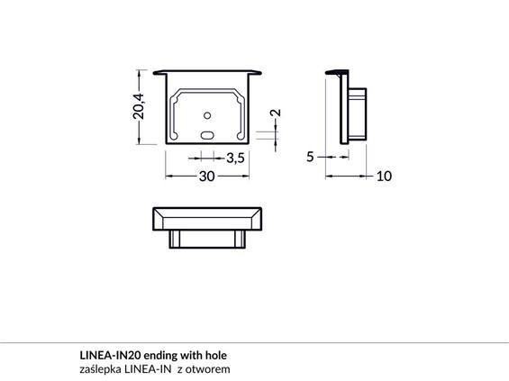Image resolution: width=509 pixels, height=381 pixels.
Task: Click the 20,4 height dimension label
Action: pyautogui.click(x=139, y=106)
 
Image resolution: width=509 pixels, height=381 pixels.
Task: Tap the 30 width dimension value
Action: pyautogui.click(x=207, y=177)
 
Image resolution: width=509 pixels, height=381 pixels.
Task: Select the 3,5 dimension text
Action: pyautogui.click(x=235, y=158)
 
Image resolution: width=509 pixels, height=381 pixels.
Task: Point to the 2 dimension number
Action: pyautogui.click(x=276, y=113)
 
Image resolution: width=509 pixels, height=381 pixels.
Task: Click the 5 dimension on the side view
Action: pyautogui.click(x=310, y=157)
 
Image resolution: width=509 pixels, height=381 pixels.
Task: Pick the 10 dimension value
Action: pyautogui.click(x=384, y=177)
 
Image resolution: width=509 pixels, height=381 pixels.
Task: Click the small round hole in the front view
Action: pyautogui.click(x=207, y=115)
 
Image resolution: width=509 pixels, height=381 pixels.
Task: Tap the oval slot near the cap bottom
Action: pyautogui.click(x=207, y=135)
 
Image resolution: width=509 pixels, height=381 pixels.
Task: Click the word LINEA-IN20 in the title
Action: pyautogui.click(x=110, y=356)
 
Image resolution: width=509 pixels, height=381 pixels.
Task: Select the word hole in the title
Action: pyautogui.click(x=216, y=356)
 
